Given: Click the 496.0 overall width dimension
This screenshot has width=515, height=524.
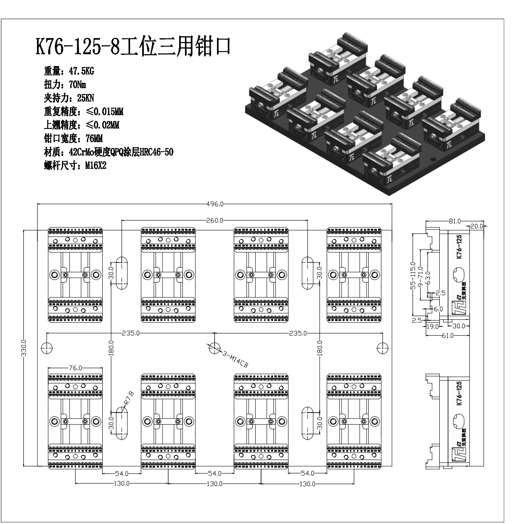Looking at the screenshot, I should pyautogui.click(x=215, y=204).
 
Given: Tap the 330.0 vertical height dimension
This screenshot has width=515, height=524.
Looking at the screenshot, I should pyautogui.click(x=24, y=347).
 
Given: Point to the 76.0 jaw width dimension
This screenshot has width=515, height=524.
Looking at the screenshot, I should pyautogui.click(x=75, y=368).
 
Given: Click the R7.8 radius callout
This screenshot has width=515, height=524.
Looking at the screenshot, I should pyautogui.click(x=129, y=398).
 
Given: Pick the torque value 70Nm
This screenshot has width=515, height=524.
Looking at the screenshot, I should pyautogui.click(x=77, y=85).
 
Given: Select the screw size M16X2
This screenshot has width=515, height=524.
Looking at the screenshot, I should pyautogui.click(x=96, y=166).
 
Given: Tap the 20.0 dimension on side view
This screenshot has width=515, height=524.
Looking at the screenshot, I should pyautogui.click(x=477, y=226).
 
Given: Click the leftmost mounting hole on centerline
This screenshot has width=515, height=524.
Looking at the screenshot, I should pyautogui.click(x=47, y=348).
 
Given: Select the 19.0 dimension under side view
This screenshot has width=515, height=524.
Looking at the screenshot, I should pyautogui.click(x=433, y=326).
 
